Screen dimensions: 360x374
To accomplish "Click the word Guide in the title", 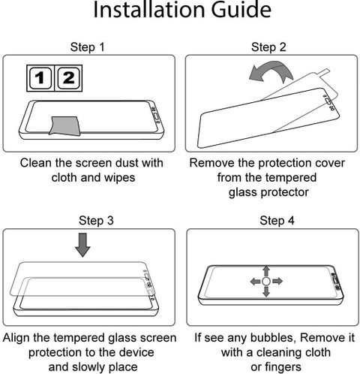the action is click(241, 10).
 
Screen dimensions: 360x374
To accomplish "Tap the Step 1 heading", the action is click(88, 47).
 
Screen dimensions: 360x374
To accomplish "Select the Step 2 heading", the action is click(268, 47).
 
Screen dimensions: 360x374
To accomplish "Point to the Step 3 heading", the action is click(96, 221).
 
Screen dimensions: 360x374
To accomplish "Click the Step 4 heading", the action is click(277, 221).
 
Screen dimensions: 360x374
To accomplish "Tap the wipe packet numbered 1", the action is click(40, 78).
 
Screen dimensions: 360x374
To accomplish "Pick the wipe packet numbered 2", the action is click(69, 78).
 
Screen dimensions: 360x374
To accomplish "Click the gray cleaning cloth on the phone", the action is click(65, 125).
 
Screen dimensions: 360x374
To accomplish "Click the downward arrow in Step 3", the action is click(82, 245).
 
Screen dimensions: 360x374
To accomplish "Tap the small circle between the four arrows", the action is click(266, 282).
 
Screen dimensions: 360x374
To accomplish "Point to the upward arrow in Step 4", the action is click(266, 271).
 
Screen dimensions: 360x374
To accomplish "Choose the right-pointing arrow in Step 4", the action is click(277, 282).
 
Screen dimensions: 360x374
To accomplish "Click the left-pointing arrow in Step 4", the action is click(255, 282).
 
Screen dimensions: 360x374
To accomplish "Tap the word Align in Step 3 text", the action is click(16, 338).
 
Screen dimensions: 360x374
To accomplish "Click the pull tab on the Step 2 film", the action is click(324, 73).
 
